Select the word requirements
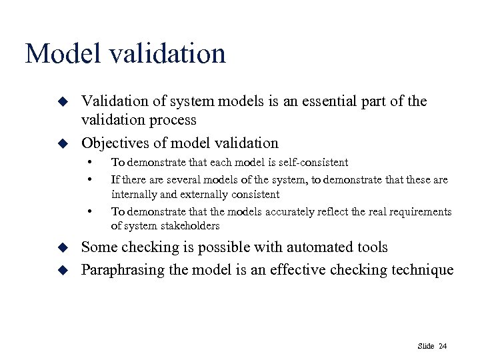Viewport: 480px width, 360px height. coord(419,212)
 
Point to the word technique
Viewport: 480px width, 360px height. coord(425,269)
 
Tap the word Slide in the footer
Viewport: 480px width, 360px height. coord(426,345)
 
